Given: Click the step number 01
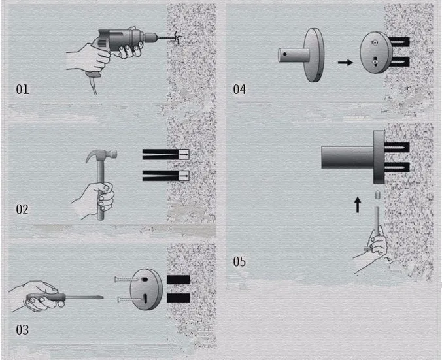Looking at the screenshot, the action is tap(22, 90).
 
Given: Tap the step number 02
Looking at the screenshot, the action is tap(22, 210).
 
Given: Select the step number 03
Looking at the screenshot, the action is tap(22, 330).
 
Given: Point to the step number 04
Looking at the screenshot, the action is tap(239, 90).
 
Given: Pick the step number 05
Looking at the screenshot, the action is tap(239, 262).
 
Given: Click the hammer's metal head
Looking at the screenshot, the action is tap(102, 154).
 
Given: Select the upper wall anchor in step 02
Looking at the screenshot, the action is tap(166, 154).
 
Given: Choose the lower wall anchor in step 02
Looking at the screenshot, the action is tap(166, 176).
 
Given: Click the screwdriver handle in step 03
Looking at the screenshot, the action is tap(46, 298).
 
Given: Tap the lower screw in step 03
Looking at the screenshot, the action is tap(129, 299).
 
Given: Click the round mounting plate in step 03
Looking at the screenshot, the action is tap(146, 289).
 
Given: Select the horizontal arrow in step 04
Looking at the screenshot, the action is tap(345, 62).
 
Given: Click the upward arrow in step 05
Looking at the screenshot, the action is tap(358, 205).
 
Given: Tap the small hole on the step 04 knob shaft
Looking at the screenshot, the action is tap(285, 54).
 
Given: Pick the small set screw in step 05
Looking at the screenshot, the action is tap(377, 195).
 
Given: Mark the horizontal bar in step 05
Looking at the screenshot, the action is tap(348, 157).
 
